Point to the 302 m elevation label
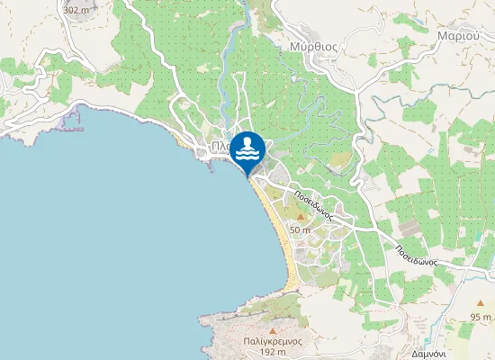point(76,10)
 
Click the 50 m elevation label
point(300,230)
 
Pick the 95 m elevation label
point(481,317)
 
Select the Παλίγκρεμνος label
point(271,342)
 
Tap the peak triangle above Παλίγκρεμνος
point(271,319)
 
